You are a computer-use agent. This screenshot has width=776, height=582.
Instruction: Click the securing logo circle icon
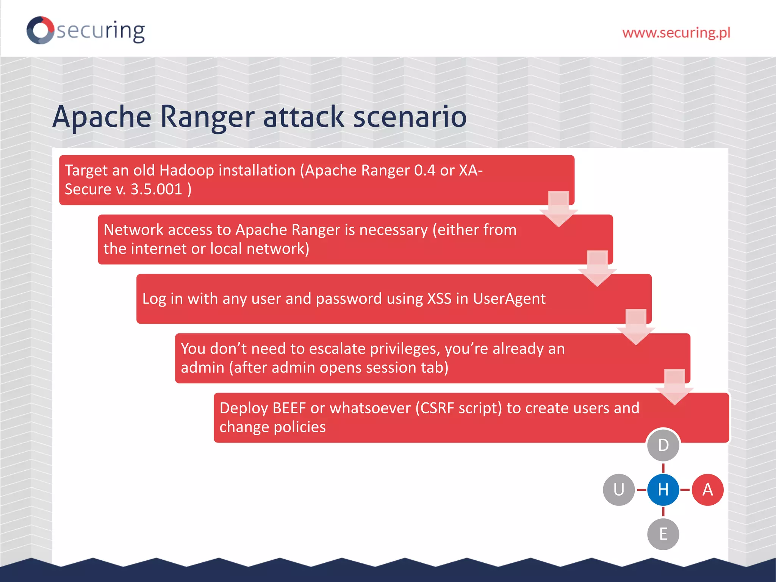coord(40,30)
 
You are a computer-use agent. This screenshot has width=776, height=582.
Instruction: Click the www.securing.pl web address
coord(676,33)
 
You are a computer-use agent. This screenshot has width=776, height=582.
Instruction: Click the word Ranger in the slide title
coord(207,117)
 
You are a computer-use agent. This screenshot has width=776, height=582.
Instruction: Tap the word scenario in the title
coord(410,117)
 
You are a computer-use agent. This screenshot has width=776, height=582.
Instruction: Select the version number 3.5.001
coord(156,189)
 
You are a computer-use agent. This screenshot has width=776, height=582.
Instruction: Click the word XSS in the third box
coord(439,299)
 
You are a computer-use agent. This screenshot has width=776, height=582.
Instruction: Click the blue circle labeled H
coord(663,490)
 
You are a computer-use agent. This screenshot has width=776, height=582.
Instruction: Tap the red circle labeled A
coord(707,490)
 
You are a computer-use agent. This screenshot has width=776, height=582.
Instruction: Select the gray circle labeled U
coord(619,490)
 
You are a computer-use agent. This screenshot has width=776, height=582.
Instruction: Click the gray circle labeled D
coord(663,445)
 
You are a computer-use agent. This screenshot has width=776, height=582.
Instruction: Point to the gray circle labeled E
coord(663,534)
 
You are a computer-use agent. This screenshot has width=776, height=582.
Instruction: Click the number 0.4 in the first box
coord(424,171)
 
